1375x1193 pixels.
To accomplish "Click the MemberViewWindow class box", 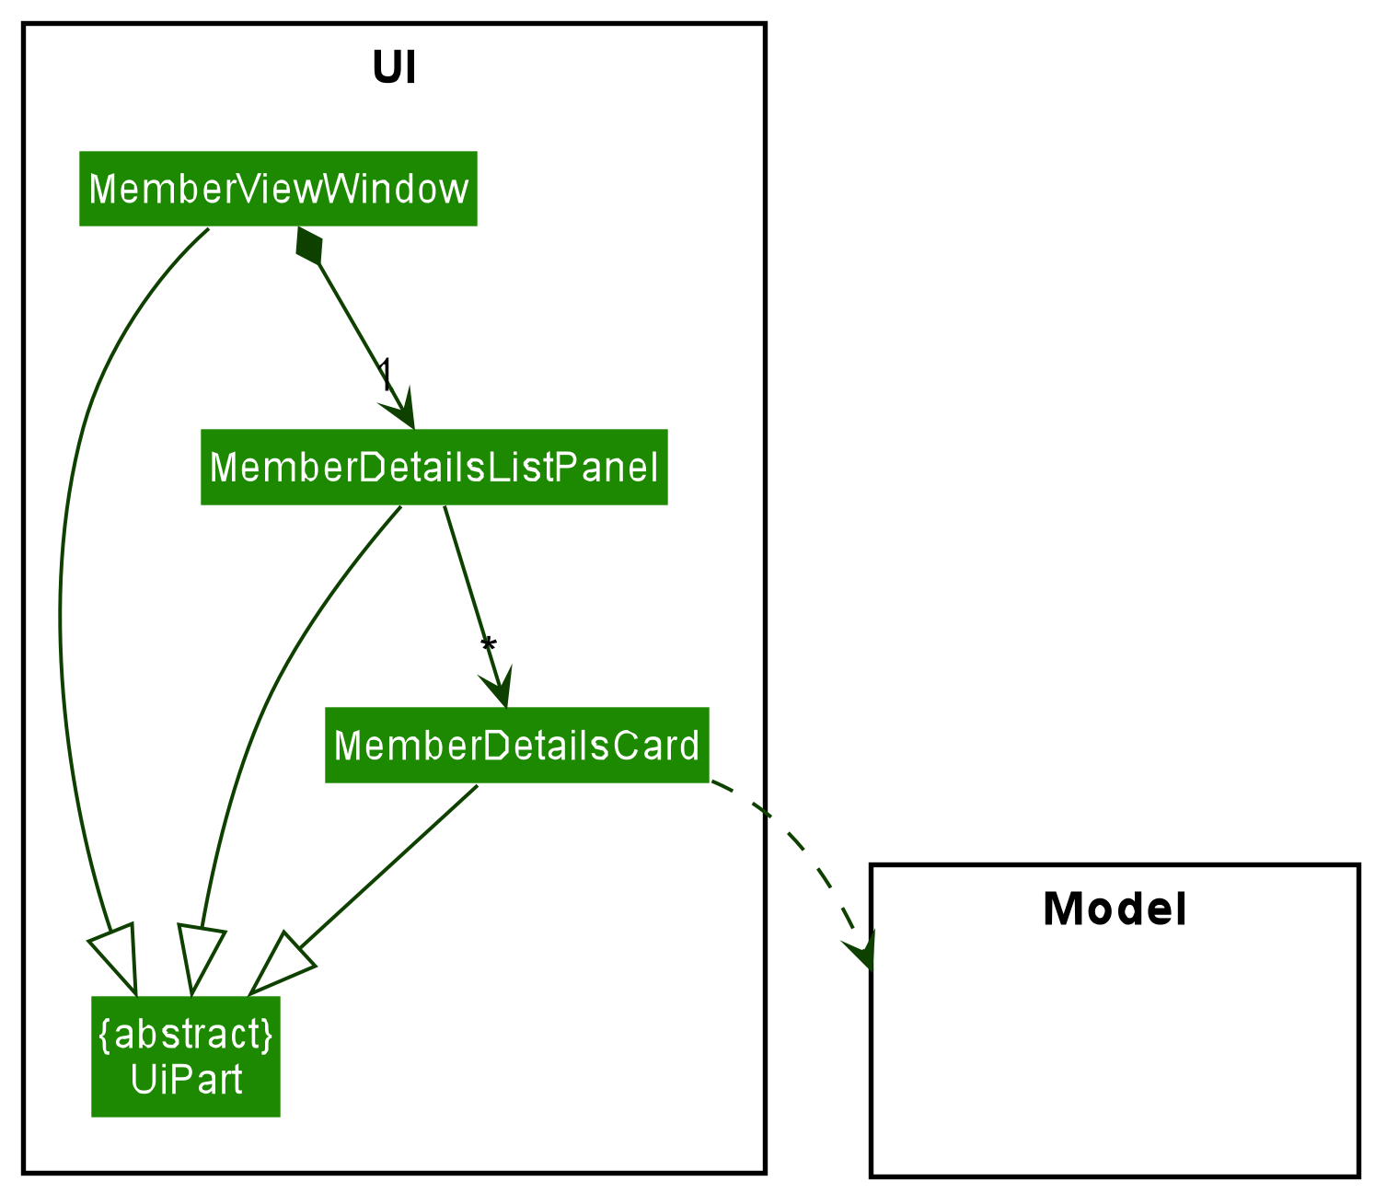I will coord(278,189).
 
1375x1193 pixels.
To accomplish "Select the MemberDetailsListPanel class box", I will coord(433,468).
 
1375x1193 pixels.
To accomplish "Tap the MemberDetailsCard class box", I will coord(516,746).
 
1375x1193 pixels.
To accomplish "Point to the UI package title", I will coord(394,69).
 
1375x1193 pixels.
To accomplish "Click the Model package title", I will coord(1115,909).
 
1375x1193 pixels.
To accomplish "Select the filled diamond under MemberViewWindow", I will coord(308,246).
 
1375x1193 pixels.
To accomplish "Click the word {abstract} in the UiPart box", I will coord(185,1035).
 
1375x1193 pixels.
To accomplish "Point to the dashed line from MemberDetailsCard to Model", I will coord(791,838).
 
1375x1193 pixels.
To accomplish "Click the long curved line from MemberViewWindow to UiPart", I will coord(62,598).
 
